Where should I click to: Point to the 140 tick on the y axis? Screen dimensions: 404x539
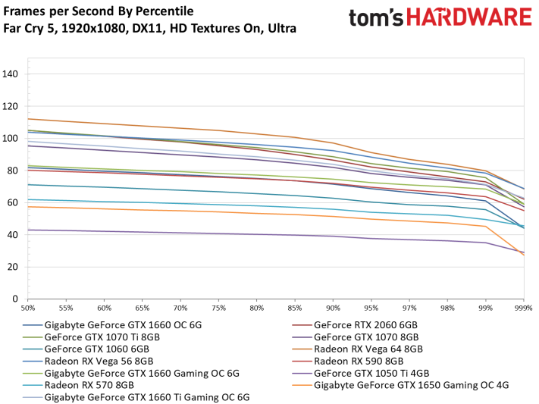(11, 74)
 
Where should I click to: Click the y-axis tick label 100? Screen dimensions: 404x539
(11, 138)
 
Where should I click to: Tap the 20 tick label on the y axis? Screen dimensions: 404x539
(13, 267)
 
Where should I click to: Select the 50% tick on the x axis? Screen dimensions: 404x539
(28, 308)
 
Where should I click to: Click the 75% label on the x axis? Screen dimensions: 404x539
(218, 308)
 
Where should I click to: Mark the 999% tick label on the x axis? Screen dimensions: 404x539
(523, 308)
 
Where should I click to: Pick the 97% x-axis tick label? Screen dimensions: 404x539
(409, 308)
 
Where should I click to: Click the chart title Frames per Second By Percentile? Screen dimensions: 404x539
(99, 11)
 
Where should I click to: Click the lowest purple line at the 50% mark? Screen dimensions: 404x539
(28, 230)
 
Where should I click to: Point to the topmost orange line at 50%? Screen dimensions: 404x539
(28, 118)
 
